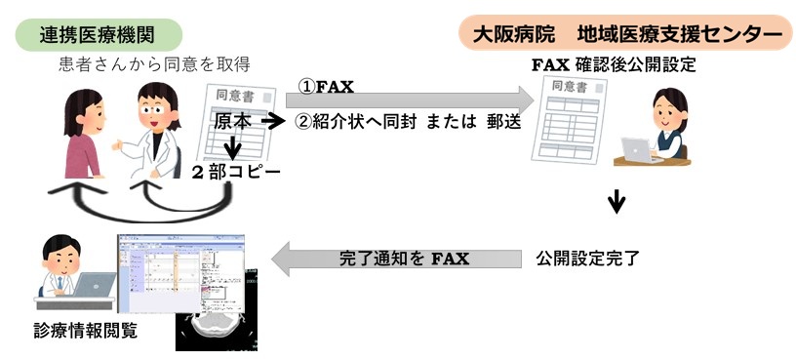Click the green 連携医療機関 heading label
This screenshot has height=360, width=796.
(98, 35)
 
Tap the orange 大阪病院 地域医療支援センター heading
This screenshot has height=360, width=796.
(626, 33)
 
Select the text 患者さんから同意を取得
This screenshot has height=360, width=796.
(155, 65)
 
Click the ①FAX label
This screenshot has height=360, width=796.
(326, 88)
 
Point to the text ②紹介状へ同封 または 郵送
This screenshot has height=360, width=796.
(408, 122)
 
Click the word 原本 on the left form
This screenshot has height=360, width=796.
(233, 121)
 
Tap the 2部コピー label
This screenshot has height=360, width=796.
(236, 172)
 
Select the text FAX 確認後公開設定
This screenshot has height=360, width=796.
(614, 65)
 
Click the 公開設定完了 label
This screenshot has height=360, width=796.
(587, 258)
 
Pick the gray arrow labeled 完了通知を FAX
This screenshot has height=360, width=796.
(397, 259)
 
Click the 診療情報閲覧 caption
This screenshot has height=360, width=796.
(85, 331)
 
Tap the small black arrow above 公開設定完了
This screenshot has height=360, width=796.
(617, 202)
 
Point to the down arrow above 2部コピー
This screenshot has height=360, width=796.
(232, 145)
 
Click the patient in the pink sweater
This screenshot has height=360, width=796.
(84, 134)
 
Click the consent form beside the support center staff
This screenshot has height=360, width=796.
(569, 119)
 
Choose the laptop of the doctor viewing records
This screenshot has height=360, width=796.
(95, 284)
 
